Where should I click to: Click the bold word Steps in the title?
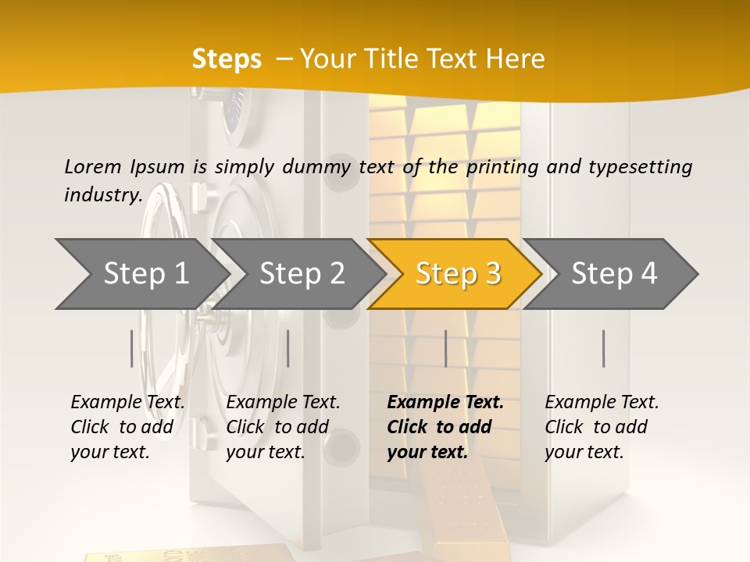tap(227, 59)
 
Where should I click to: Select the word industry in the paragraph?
tap(101, 195)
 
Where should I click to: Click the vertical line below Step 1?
tap(132, 348)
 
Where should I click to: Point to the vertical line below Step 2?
tap(288, 348)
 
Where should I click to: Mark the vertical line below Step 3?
tap(445, 348)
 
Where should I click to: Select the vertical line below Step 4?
tap(604, 348)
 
